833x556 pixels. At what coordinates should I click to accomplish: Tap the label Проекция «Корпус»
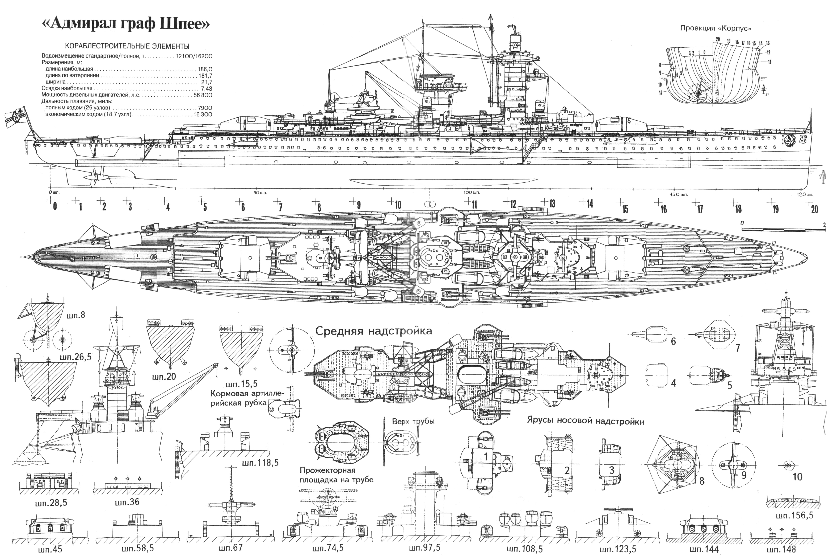(715, 28)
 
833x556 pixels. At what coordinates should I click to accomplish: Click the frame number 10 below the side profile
(398, 205)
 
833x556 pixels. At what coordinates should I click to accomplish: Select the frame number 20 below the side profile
(814, 209)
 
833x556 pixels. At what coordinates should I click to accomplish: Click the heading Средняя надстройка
(374, 331)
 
